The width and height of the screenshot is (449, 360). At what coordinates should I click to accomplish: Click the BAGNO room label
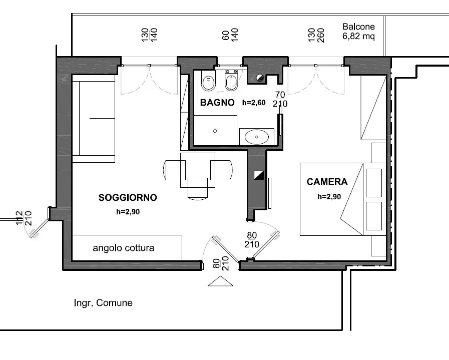(x=217, y=102)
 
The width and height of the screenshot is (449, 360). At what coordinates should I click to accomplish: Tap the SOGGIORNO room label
(x=128, y=198)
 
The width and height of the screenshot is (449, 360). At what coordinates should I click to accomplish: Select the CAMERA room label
(x=327, y=182)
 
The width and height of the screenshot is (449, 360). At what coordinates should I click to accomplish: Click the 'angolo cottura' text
(x=124, y=248)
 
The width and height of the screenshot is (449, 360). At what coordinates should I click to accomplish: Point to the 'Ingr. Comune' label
(x=103, y=303)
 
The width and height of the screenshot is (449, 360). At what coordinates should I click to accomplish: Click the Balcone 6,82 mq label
(x=358, y=31)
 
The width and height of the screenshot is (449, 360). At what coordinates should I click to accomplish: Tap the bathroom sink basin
(x=257, y=137)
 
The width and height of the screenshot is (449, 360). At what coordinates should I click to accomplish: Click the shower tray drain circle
(x=215, y=131)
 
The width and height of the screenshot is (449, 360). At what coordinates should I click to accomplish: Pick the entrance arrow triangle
(x=220, y=281)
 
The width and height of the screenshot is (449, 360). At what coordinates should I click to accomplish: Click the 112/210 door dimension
(x=24, y=218)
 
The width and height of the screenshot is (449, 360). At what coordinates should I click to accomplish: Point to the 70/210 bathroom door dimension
(x=280, y=99)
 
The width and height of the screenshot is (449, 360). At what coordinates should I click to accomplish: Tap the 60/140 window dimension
(x=230, y=35)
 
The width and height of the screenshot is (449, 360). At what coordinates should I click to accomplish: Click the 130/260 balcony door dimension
(x=316, y=35)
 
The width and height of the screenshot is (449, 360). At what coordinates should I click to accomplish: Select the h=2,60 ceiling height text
(x=254, y=103)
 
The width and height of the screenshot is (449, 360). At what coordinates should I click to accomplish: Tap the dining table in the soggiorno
(x=198, y=170)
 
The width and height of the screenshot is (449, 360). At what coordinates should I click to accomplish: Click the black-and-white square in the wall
(x=259, y=176)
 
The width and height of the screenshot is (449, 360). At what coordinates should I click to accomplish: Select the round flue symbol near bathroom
(x=260, y=77)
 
